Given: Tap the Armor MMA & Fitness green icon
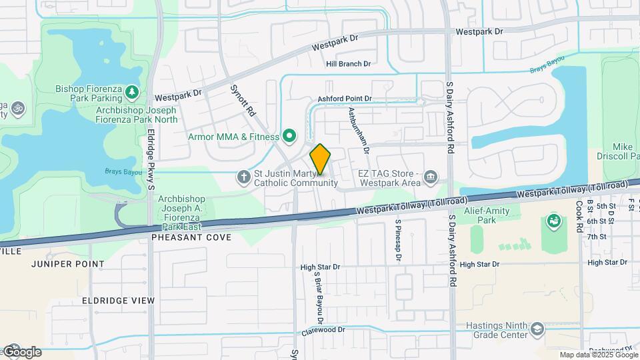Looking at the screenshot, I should click(289, 137).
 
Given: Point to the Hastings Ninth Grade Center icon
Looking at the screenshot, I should click(537, 329).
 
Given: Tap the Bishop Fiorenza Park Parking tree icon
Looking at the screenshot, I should click(133, 91).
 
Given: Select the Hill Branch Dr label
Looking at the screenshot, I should click(348, 64).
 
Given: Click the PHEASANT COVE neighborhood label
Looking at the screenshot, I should click(191, 237).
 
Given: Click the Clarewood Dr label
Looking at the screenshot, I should click(323, 329).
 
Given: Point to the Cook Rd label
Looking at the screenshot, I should click(579, 216).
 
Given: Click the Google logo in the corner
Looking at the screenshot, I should click(22, 351).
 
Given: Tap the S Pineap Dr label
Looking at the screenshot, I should click(398, 240).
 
